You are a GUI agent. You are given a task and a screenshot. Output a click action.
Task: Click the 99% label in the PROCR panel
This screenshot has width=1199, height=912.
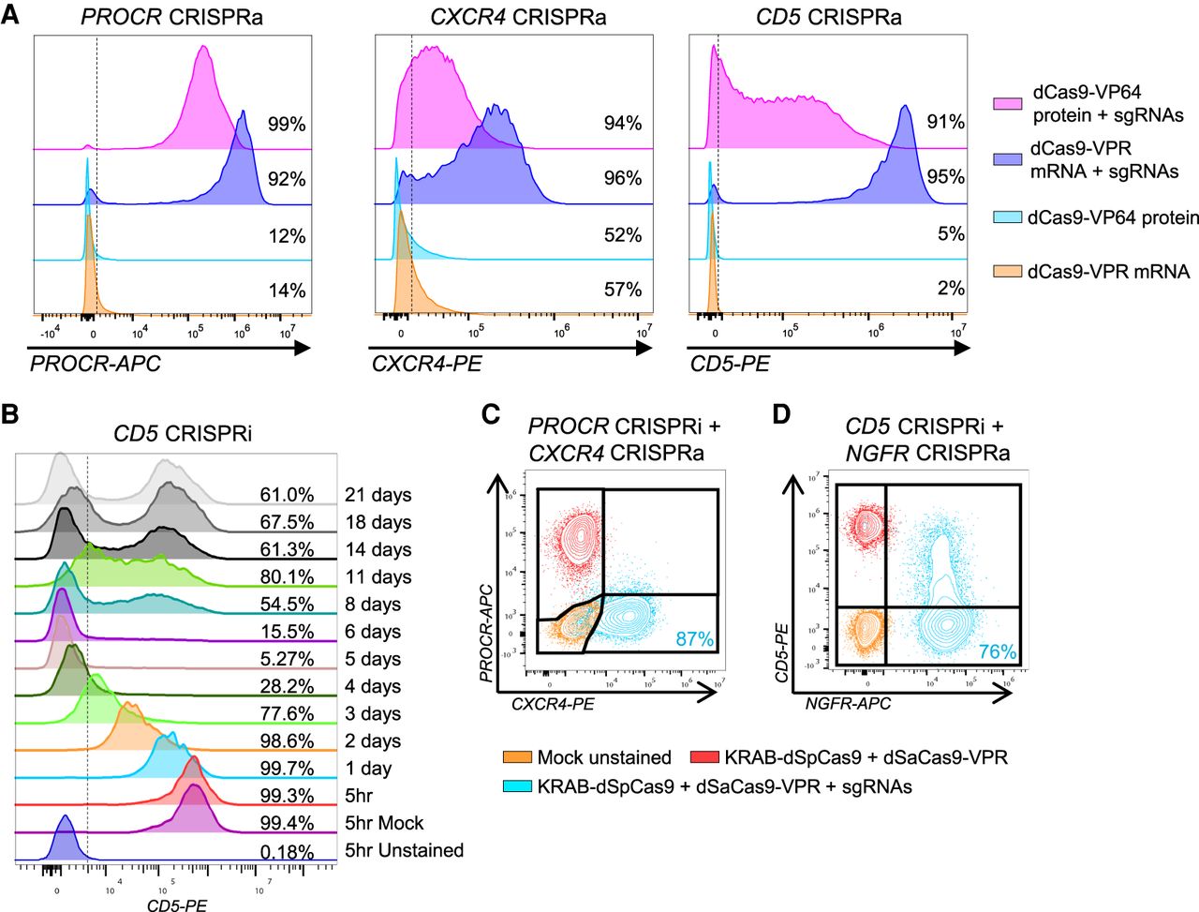click(287, 124)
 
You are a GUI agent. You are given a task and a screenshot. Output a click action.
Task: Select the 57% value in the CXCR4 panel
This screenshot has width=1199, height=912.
click(623, 290)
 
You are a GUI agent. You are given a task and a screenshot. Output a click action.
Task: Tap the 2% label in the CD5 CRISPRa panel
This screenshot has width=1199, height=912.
click(951, 289)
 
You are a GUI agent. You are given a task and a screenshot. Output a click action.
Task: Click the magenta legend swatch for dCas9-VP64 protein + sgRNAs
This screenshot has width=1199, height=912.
click(1007, 104)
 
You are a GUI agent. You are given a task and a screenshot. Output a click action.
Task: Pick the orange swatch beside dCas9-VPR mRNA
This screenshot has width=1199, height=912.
click(1007, 272)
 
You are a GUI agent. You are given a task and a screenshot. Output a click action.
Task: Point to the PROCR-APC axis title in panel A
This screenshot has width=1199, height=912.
click(96, 365)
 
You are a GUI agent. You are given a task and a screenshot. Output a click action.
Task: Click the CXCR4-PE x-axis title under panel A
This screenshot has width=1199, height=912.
click(426, 365)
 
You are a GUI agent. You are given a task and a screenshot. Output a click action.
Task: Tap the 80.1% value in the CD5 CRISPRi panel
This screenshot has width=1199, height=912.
click(287, 577)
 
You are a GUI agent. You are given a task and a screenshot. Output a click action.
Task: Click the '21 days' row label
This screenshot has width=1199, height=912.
click(377, 495)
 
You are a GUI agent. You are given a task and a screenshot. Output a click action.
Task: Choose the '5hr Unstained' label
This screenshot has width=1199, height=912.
click(404, 850)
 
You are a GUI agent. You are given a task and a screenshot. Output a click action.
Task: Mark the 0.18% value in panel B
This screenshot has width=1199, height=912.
click(287, 851)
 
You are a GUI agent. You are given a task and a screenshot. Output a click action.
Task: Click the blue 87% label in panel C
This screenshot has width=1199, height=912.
click(694, 640)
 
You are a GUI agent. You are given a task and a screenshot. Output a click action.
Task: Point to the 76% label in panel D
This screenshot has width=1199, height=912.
click(997, 651)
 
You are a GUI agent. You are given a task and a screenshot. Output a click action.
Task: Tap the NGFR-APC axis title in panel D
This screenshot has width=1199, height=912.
click(848, 702)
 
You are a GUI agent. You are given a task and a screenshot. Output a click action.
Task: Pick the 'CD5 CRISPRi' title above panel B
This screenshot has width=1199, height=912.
click(183, 434)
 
